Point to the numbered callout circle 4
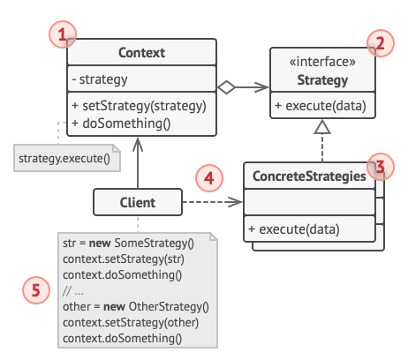(208, 179)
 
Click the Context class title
(140, 54)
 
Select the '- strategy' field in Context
(100, 79)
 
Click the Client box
(137, 202)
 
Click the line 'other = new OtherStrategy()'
(135, 307)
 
